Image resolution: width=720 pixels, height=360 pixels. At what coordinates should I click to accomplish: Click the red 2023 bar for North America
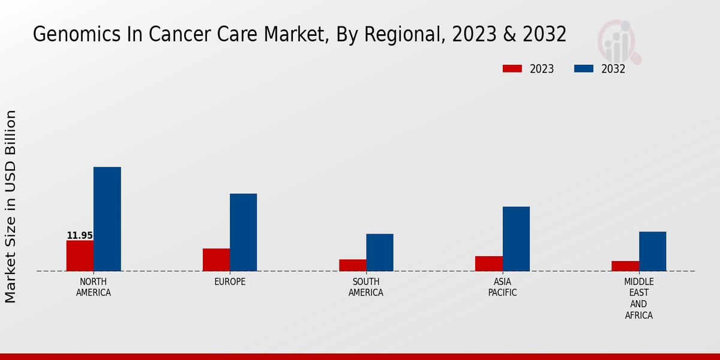coord(80,256)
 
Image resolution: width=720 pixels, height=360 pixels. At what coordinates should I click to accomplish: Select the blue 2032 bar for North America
coord(107,219)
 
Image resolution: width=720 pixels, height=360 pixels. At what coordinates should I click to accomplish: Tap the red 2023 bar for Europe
coord(216,260)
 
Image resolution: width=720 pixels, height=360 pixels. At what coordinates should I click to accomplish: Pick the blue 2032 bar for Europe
coord(243,232)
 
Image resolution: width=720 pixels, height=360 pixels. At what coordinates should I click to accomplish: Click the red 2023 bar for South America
coord(352,265)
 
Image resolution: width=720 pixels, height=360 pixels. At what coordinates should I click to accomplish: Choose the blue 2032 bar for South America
coord(380,252)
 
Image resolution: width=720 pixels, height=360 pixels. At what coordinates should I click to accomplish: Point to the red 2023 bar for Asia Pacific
coord(488,263)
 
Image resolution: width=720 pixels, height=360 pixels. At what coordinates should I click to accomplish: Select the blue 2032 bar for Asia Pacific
coord(516,239)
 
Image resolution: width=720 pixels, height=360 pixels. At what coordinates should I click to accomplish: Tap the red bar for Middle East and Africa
coord(625,266)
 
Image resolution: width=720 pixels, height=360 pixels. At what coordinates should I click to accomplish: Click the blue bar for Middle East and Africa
coord(652,251)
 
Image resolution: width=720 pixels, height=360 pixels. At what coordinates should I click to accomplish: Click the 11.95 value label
coord(80,236)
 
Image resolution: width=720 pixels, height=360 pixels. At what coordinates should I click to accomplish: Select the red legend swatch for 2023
coord(512,69)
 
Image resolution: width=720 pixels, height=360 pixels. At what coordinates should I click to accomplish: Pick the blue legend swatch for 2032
coord(583,69)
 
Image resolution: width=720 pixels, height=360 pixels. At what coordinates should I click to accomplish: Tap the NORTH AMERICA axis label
coord(94,287)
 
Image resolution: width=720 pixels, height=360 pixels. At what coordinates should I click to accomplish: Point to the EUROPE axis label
coord(230,282)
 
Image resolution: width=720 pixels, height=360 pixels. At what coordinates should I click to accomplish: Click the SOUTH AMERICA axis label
coord(366,287)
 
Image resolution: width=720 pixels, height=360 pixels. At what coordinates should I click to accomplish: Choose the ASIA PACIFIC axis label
coord(502,287)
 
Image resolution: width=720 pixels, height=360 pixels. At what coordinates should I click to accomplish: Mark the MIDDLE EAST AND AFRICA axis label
coord(639,298)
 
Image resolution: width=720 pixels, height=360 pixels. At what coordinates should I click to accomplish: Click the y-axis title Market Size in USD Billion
coord(11,206)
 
